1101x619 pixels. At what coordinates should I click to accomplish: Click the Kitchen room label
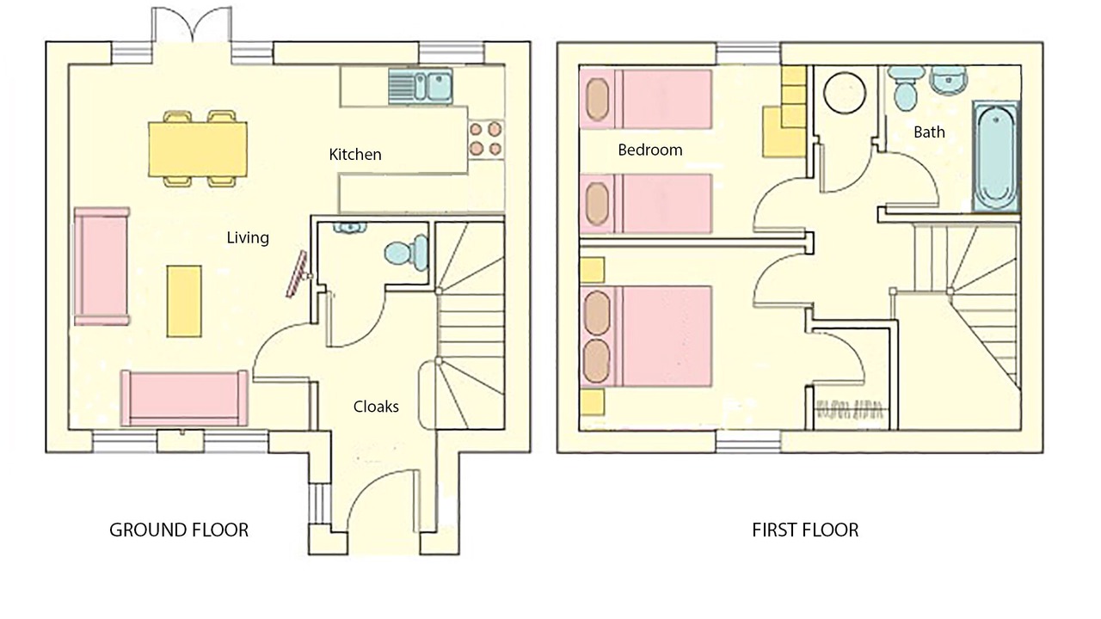(355, 154)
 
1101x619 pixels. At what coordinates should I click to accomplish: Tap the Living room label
(248, 238)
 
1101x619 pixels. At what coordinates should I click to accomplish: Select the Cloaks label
(376, 407)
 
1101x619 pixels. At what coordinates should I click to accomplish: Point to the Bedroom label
(649, 150)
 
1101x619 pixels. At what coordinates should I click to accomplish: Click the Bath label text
(929, 132)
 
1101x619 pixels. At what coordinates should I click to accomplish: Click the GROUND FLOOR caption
(179, 530)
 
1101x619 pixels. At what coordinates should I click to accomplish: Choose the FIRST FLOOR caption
(806, 530)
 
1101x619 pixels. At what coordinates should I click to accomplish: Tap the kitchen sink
(421, 86)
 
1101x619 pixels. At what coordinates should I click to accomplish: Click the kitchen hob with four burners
(486, 138)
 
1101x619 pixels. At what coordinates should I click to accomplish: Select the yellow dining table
(198, 149)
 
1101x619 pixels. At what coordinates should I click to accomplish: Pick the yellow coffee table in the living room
(184, 301)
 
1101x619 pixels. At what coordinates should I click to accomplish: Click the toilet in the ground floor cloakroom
(407, 253)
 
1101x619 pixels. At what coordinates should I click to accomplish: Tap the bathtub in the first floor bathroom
(996, 157)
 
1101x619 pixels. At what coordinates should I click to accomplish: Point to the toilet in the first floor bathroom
(906, 89)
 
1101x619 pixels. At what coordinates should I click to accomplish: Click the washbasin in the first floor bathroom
(950, 80)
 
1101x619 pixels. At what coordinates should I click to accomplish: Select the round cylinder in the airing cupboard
(845, 92)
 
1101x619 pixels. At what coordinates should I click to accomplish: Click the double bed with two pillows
(646, 336)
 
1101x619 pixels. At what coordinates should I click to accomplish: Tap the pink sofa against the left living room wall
(101, 267)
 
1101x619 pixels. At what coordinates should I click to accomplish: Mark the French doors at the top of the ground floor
(192, 26)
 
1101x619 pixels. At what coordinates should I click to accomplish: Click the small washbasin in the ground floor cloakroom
(350, 228)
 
